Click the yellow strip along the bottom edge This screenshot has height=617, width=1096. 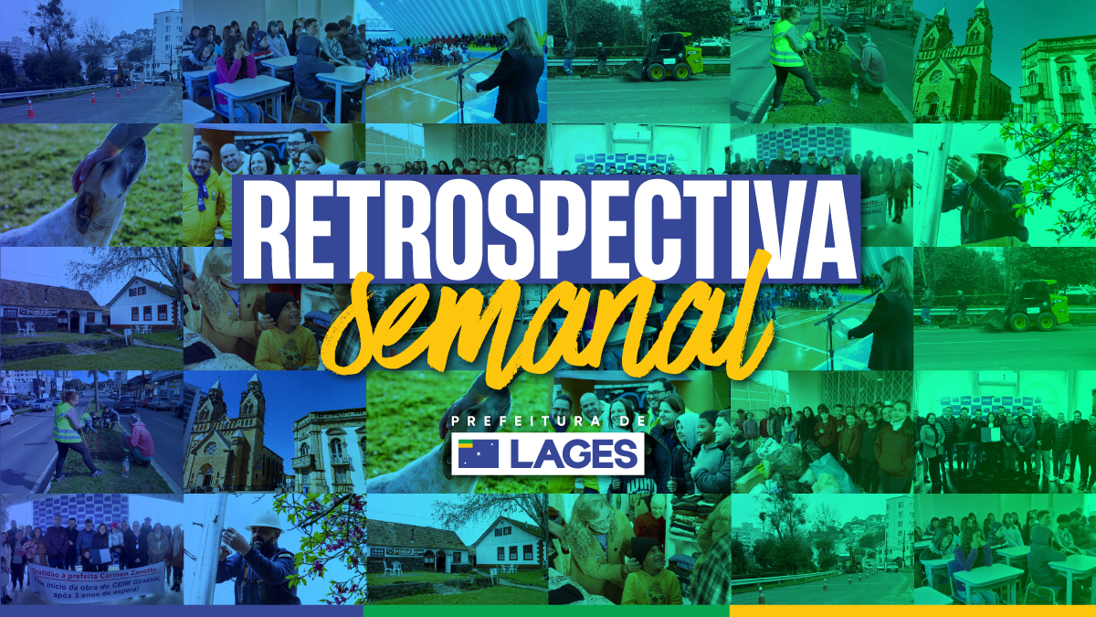pyautogui.click(x=912, y=611)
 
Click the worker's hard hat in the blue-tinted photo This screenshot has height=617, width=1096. pyautogui.click(x=267, y=518)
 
